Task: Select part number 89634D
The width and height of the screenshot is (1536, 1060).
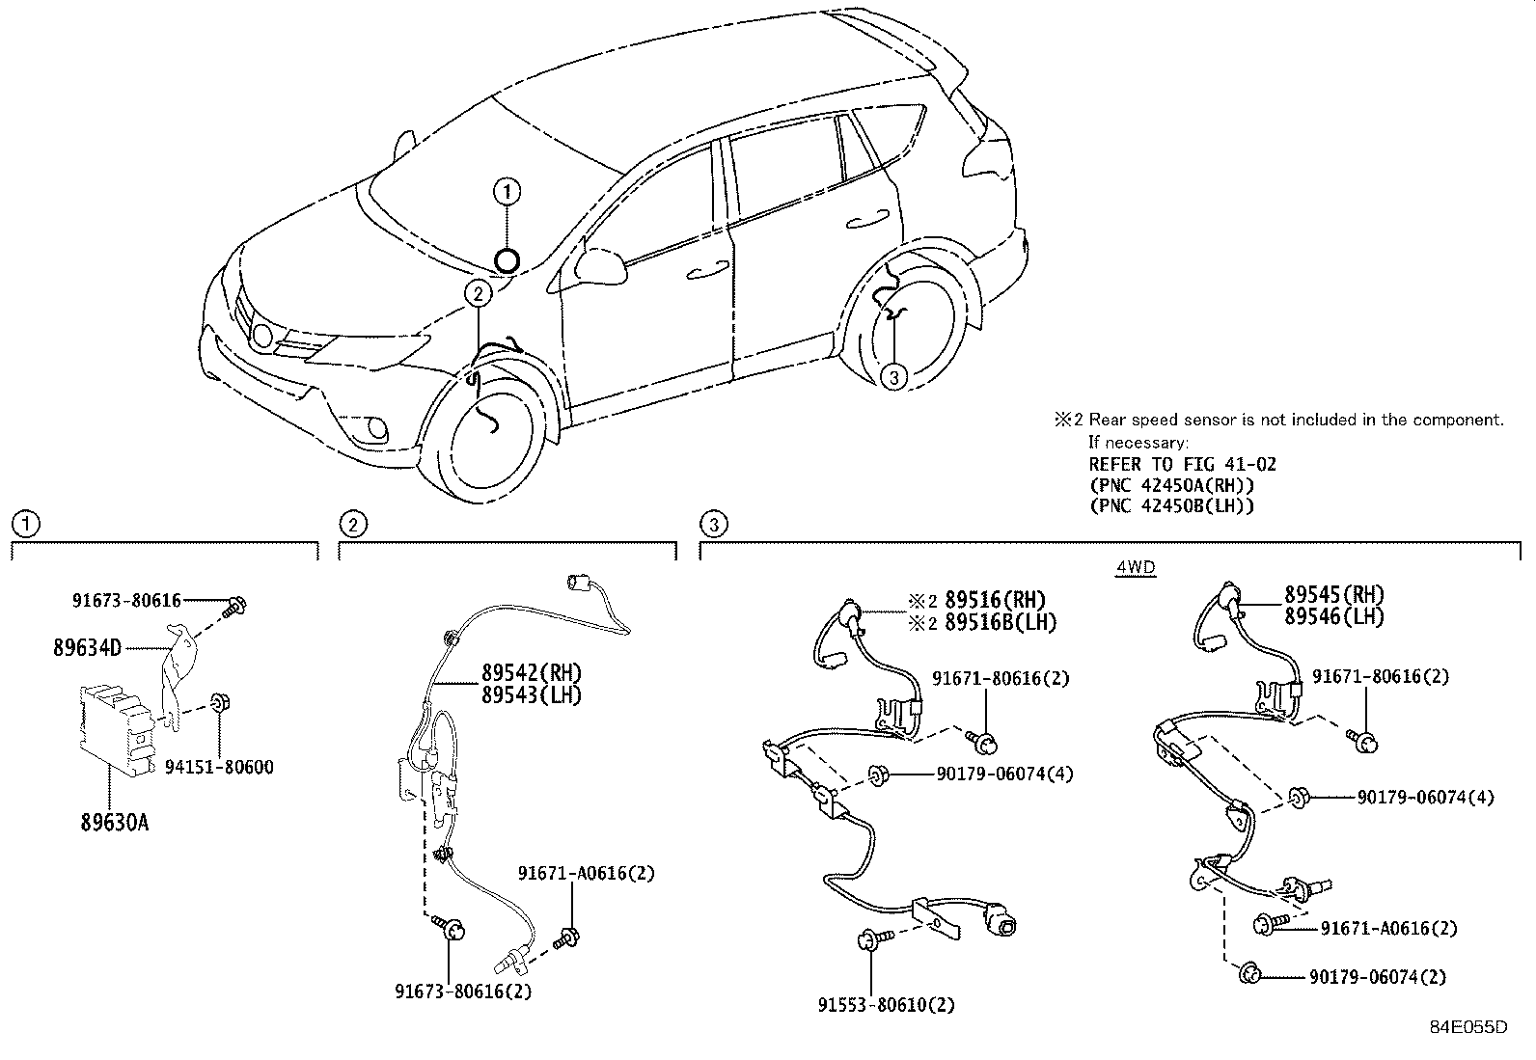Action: (x=87, y=647)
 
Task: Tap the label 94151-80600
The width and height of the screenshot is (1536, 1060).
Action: (x=218, y=768)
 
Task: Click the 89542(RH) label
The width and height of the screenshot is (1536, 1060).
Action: (x=532, y=672)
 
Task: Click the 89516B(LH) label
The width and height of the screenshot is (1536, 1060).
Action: (x=1000, y=622)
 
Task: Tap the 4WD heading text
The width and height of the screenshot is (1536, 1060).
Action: (x=1135, y=568)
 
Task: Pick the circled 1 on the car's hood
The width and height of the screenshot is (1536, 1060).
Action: (x=507, y=192)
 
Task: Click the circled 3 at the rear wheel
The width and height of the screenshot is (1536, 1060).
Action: (x=893, y=378)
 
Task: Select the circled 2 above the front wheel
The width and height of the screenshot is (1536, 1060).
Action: (x=478, y=292)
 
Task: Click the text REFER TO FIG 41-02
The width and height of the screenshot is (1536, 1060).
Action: (x=1182, y=464)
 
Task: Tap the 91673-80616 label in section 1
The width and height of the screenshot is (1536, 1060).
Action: (x=126, y=600)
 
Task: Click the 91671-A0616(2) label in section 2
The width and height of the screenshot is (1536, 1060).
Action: (x=586, y=873)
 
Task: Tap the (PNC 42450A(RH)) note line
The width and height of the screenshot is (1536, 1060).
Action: (x=1171, y=485)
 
